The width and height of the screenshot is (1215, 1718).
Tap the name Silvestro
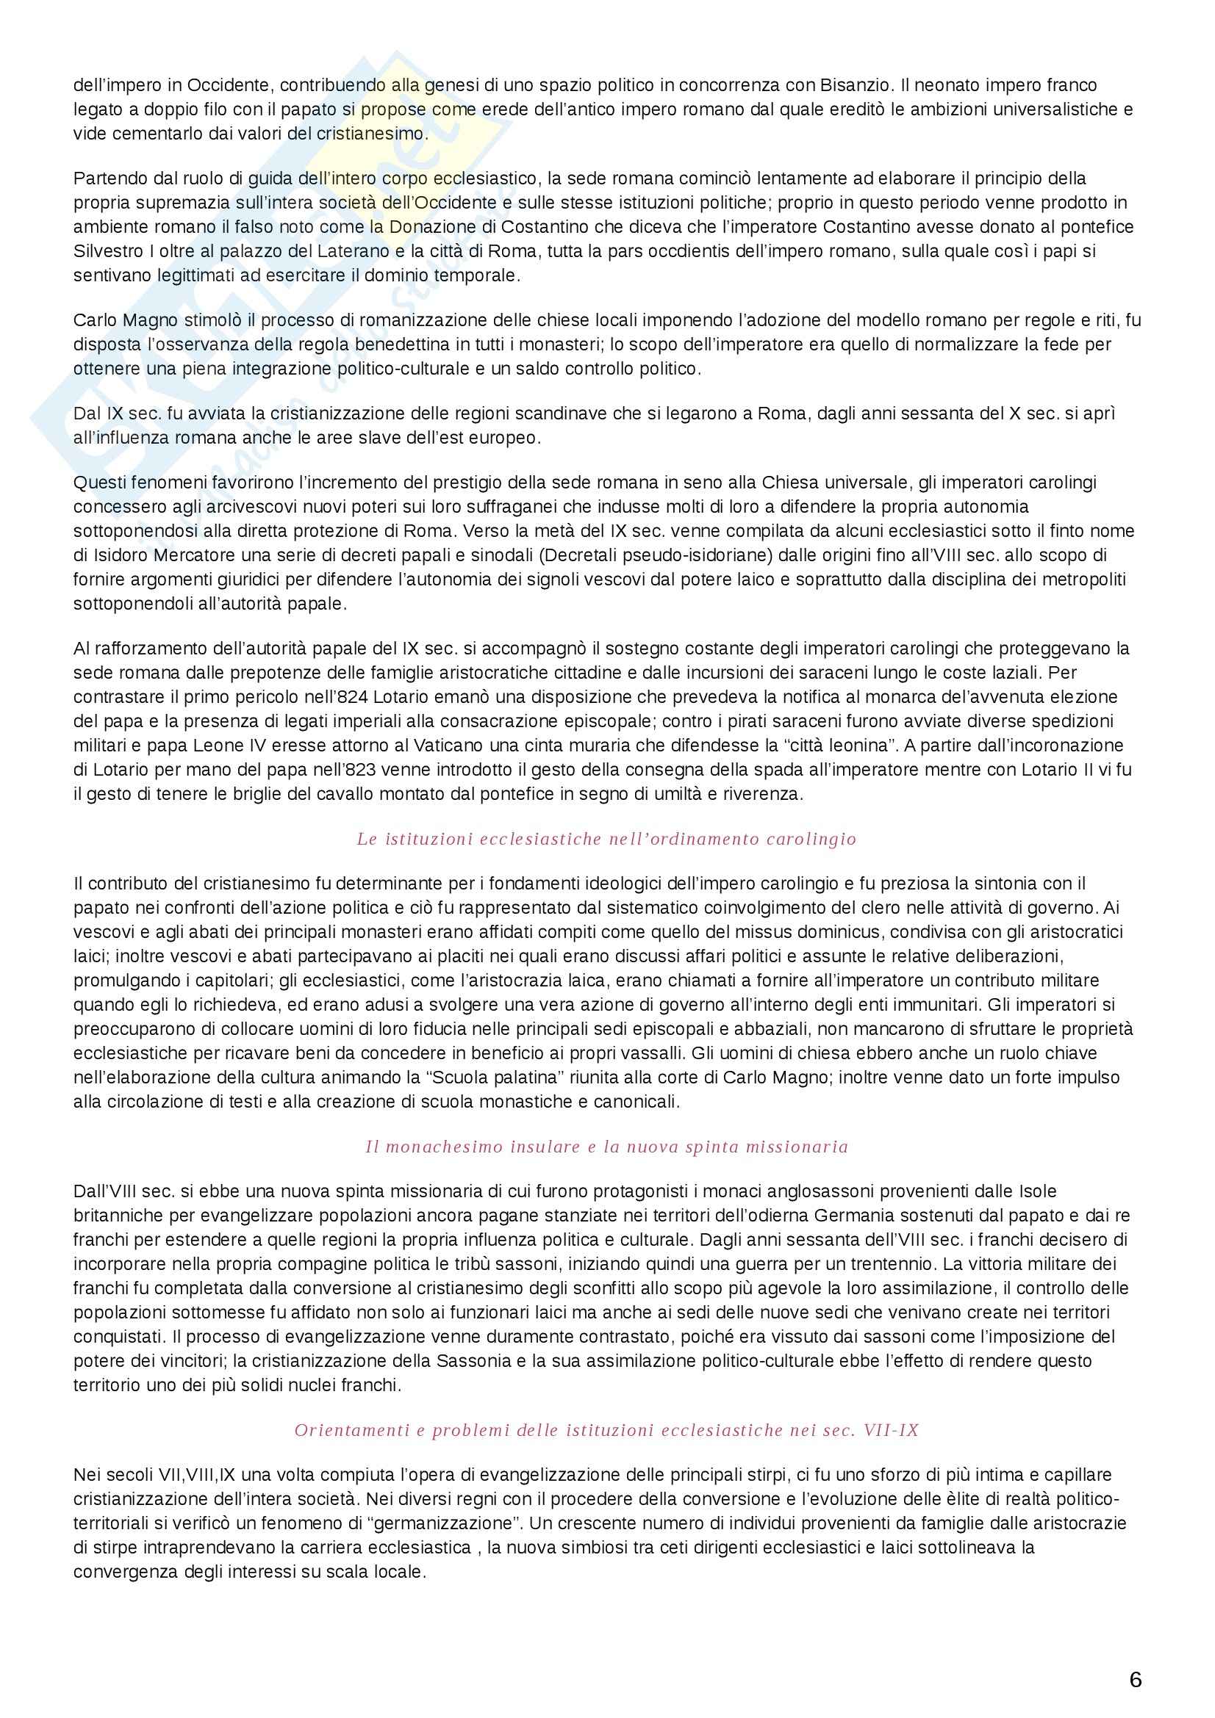click(x=105, y=250)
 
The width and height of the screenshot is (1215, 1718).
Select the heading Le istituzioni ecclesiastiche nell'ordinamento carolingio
click(x=606, y=839)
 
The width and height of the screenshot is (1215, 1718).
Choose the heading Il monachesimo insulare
click(x=606, y=1147)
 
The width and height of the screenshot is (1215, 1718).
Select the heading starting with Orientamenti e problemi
click(x=606, y=1431)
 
